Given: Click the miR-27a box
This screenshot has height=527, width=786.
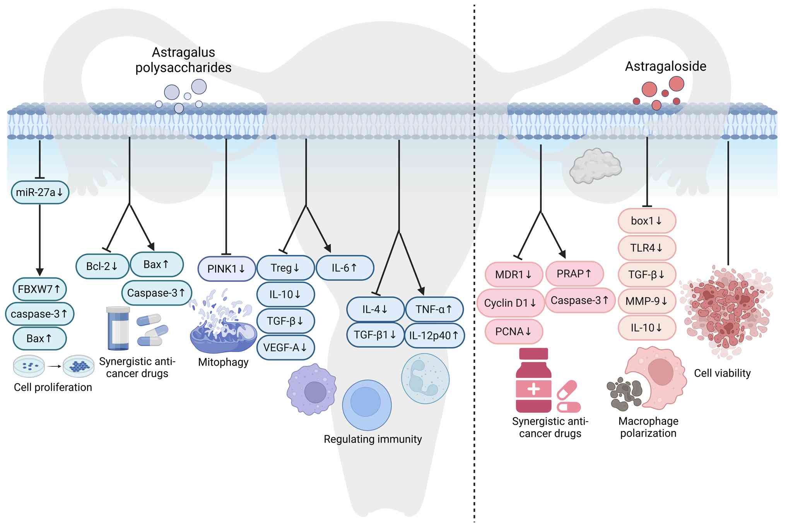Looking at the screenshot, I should pos(40,192).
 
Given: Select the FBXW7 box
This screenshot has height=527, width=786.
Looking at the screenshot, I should pos(39,289).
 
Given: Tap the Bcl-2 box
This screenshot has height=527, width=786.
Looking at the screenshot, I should pos(102,266).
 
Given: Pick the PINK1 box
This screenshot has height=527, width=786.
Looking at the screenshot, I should pos(226,269).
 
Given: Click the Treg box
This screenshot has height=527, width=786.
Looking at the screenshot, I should pos(285,268).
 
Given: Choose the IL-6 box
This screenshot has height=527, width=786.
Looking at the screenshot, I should pos(345,268).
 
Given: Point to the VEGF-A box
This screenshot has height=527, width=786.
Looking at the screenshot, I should pos(285,348).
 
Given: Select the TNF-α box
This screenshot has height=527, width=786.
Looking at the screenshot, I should pos(434,309).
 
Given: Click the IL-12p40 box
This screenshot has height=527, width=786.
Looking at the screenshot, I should pos(434,335).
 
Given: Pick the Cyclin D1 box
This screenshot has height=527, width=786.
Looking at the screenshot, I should pos(511,303).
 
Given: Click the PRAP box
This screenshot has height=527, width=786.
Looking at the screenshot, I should pos(574,274).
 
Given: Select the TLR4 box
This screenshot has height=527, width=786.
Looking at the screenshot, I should pos(647,248).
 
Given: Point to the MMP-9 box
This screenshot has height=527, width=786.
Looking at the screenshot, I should pos(647,301).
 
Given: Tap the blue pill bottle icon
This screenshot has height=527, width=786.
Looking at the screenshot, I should pos(118,328).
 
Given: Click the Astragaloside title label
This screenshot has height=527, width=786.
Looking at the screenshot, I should pos(665,66).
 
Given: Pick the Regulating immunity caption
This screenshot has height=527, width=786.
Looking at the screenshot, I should pos(372,439).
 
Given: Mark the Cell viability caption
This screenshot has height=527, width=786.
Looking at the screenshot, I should pos(722,373).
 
